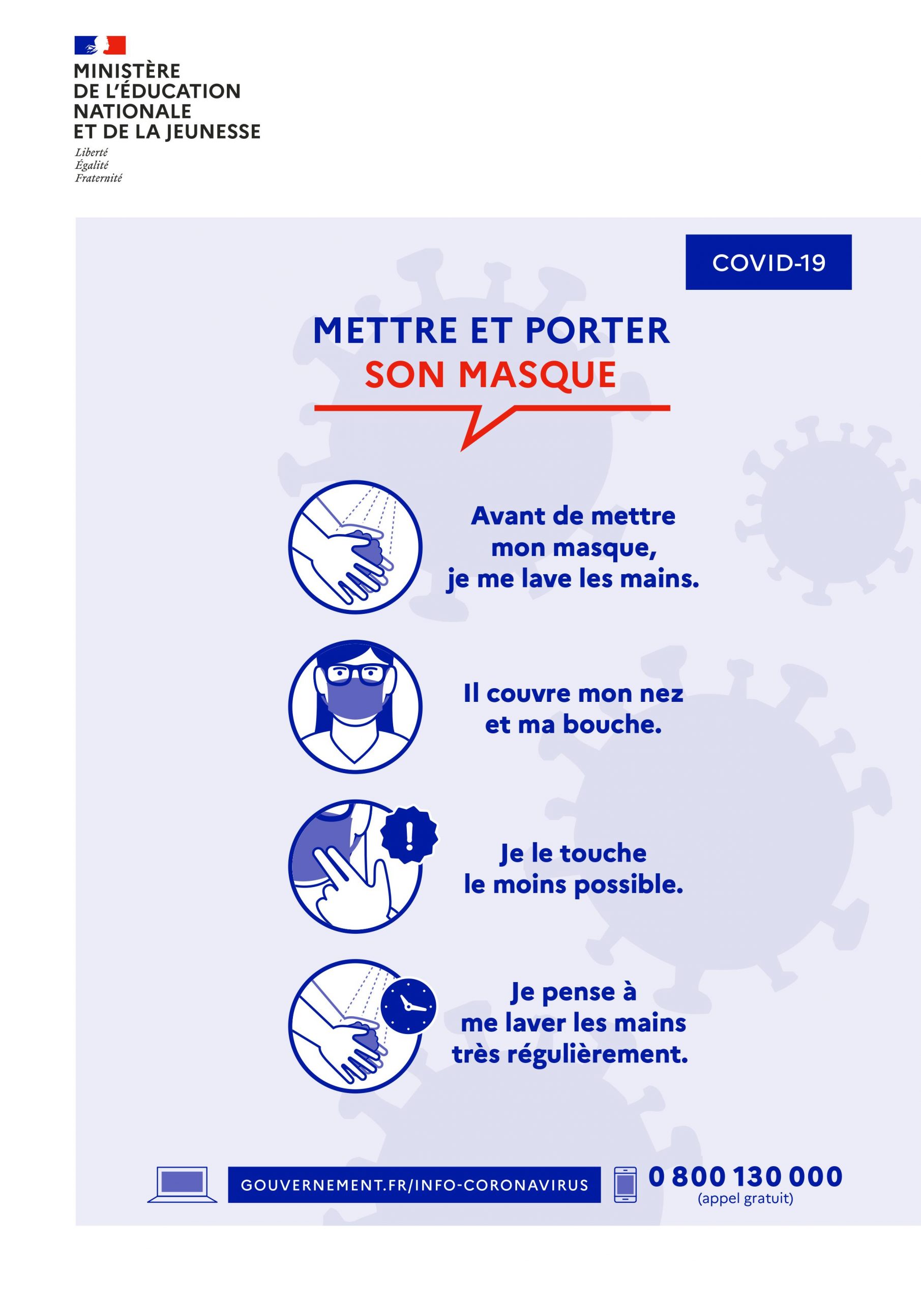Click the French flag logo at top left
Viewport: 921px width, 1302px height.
pos(100,45)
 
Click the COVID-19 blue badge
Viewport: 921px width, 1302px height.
pos(768,262)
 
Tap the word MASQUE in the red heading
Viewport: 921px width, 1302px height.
pos(538,375)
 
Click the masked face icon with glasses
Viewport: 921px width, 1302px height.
pos(355,706)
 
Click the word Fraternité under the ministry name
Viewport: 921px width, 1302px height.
pos(98,178)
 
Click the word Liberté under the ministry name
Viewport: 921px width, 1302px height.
pos(92,152)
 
